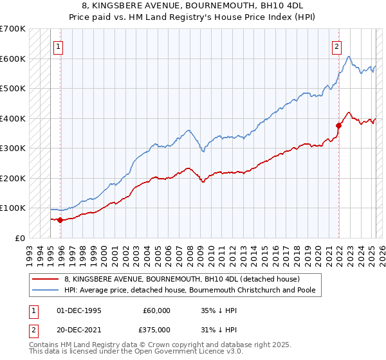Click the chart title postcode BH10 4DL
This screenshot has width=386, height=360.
(290, 5)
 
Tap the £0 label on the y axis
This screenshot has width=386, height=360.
(20, 238)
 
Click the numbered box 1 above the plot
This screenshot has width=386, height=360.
(58, 46)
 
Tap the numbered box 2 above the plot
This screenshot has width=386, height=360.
(336, 46)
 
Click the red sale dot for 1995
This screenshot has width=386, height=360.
(60, 220)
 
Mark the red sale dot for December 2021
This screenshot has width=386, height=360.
(338, 125)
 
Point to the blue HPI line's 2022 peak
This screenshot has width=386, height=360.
(348, 57)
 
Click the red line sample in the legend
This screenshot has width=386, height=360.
(46, 279)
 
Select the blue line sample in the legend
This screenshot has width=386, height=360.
(46, 289)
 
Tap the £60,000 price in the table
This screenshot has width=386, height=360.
(156, 310)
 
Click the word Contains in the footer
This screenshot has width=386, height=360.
(44, 346)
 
